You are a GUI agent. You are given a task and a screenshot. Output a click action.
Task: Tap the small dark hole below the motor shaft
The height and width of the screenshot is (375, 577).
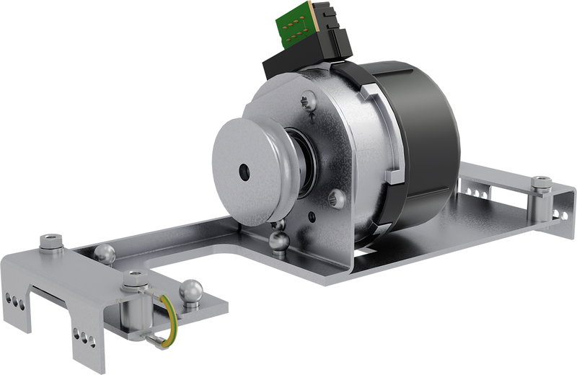coord(312,218)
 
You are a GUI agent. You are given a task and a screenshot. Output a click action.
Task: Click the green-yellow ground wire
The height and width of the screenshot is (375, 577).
coord(170,317)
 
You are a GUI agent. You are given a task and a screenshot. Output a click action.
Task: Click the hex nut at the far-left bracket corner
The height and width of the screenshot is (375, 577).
coord(50,242)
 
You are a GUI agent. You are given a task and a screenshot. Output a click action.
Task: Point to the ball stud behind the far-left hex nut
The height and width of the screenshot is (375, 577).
coord(104,253)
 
